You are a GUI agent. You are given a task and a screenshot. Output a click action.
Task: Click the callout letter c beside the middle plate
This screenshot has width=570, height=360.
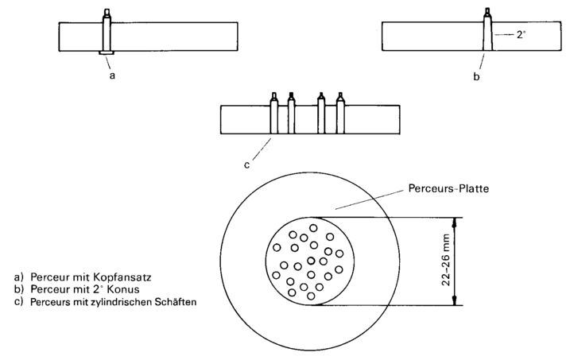pyautogui.click(x=246, y=165)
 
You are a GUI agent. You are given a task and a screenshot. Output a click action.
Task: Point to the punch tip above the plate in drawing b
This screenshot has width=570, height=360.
pyautogui.click(x=487, y=14)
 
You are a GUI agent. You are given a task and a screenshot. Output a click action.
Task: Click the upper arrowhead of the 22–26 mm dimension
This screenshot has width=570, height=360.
pyautogui.click(x=454, y=223)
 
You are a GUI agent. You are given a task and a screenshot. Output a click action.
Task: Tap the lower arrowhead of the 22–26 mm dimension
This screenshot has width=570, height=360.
pyautogui.click(x=454, y=300)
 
